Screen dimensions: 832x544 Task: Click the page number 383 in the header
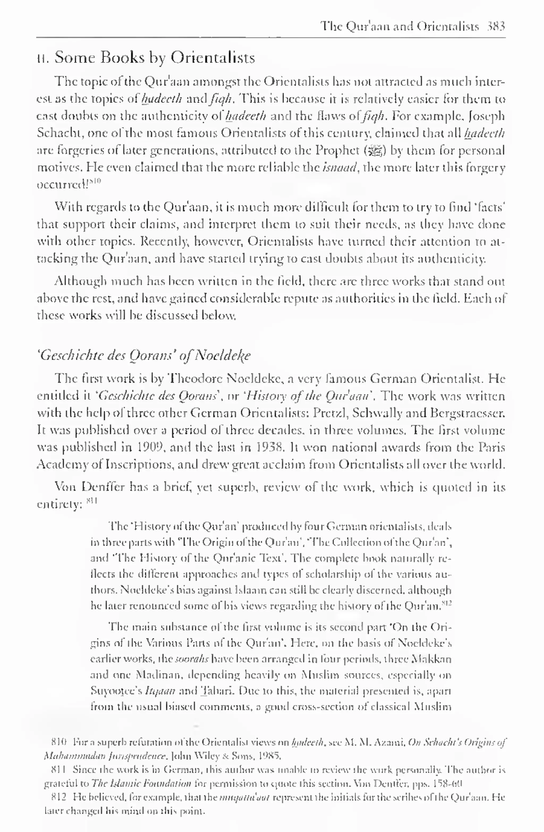click(x=496, y=26)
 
